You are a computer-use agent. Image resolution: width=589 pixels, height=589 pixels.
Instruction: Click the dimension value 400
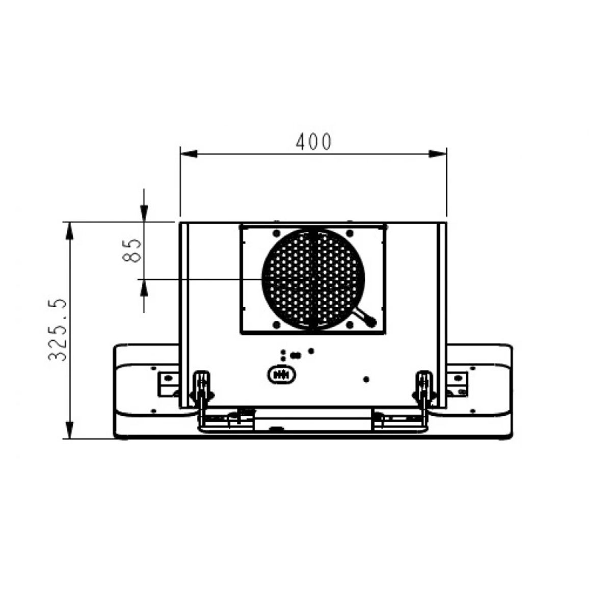click(314, 142)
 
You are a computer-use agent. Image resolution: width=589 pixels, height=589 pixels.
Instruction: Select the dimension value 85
click(132, 251)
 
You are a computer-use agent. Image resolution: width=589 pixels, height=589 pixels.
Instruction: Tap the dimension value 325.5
click(58, 330)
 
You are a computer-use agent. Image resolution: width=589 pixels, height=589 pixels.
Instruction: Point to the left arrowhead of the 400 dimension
click(189, 154)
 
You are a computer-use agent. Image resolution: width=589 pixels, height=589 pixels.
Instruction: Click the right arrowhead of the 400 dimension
click(438, 154)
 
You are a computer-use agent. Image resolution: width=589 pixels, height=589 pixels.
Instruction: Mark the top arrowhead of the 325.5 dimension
click(69, 231)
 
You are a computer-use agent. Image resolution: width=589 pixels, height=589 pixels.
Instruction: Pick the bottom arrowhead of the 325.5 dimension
click(69, 430)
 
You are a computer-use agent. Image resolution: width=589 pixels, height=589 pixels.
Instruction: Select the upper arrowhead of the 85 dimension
click(144, 213)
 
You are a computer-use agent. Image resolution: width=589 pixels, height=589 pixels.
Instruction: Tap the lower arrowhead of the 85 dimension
click(144, 288)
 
